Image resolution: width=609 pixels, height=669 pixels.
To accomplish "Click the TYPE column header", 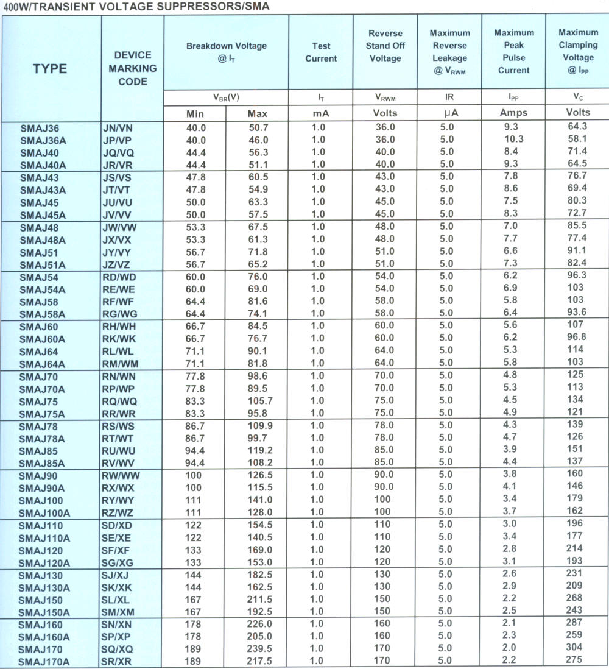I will (x=50, y=69).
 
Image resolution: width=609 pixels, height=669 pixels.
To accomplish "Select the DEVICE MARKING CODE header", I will (x=133, y=68).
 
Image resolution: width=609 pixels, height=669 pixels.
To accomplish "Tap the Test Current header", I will (x=321, y=52).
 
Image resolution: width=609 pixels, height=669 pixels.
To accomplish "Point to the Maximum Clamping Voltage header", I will (x=578, y=51).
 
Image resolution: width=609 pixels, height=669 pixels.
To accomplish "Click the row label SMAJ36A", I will (x=42, y=140).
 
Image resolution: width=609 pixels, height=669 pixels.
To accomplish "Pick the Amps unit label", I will (x=513, y=113).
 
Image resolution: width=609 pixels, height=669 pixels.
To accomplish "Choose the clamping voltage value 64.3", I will (x=576, y=126).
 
